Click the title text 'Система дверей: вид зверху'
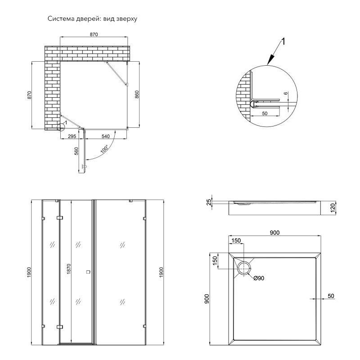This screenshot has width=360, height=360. pyautogui.click(x=92, y=18)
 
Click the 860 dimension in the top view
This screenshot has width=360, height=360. pyautogui.click(x=137, y=94)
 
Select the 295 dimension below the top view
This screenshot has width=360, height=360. pyautogui.click(x=72, y=136)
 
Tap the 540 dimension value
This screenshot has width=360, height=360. pyautogui.click(x=106, y=136)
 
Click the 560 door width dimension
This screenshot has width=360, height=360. pyautogui.click(x=76, y=151)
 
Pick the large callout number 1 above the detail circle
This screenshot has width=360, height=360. pyautogui.click(x=283, y=41)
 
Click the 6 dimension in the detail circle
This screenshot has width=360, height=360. pyautogui.click(x=286, y=93)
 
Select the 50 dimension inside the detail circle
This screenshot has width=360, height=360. pyautogui.click(x=265, y=113)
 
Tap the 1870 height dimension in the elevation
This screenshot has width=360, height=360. pyautogui.click(x=69, y=269)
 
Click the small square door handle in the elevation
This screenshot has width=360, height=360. pyautogui.click(x=88, y=272)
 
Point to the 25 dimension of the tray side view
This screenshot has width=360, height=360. pyautogui.click(x=209, y=202)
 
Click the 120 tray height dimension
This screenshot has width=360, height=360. pyautogui.click(x=333, y=208)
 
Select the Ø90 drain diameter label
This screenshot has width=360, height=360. pyautogui.click(x=259, y=278)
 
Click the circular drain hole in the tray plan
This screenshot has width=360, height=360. pyautogui.click(x=244, y=268)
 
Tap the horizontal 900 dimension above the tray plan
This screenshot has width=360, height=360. pyautogui.click(x=274, y=233)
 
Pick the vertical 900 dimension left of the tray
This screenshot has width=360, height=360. pyautogui.click(x=207, y=299)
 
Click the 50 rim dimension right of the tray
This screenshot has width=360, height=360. pyautogui.click(x=331, y=296)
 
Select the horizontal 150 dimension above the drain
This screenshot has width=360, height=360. pyautogui.click(x=236, y=240)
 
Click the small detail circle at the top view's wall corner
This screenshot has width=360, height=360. pyautogui.click(x=61, y=127)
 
